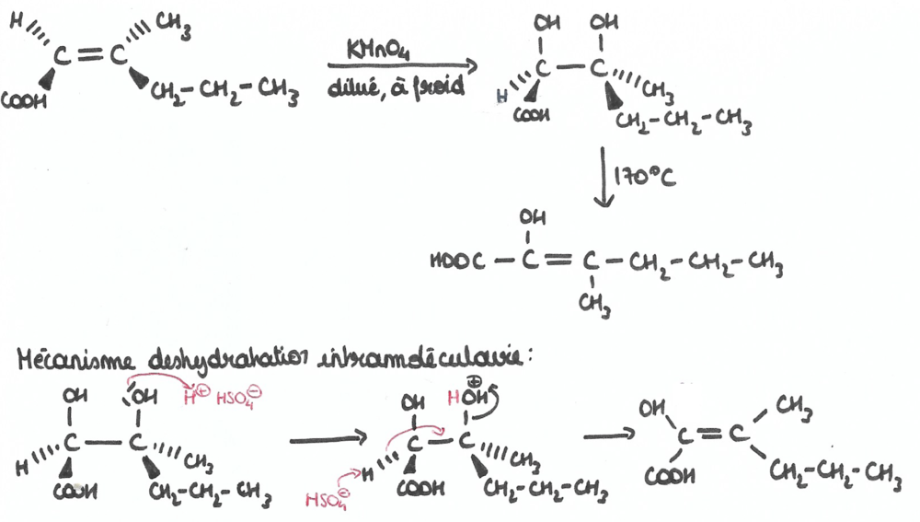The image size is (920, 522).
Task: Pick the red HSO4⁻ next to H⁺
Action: click(235, 398)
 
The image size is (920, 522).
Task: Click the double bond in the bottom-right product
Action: click(716, 435)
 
